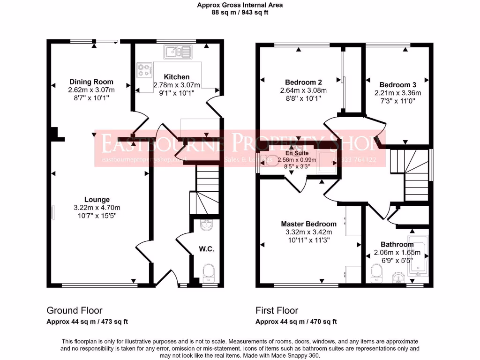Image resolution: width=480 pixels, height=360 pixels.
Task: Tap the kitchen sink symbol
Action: [178, 52]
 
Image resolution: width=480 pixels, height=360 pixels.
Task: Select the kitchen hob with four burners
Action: [144, 70]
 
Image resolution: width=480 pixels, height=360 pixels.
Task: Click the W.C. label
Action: [207, 249]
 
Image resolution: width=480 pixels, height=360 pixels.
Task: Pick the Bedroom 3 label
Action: [397, 85]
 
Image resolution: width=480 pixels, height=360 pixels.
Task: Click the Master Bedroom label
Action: [308, 224]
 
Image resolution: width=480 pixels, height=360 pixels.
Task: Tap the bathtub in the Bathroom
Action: [417, 257]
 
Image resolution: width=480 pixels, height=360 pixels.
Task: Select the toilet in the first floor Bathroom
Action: [376, 273]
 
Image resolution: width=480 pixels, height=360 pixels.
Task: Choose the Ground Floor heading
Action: [74, 310]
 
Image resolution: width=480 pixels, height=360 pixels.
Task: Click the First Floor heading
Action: [277, 310]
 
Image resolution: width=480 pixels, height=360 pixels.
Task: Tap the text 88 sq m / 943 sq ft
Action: [240, 13]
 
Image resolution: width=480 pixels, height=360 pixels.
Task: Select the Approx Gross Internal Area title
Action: [240, 5]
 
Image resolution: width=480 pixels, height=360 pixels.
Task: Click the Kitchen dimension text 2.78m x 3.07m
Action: [177, 85]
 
